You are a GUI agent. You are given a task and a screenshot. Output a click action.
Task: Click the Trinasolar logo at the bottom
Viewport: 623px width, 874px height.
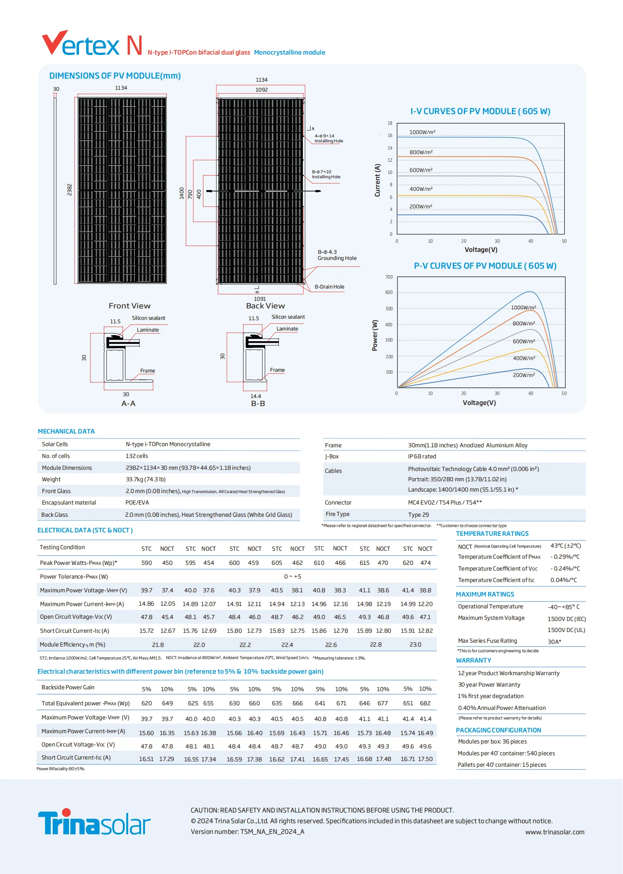coord(94,822)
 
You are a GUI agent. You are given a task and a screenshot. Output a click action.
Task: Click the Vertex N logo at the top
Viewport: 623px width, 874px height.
coord(92,44)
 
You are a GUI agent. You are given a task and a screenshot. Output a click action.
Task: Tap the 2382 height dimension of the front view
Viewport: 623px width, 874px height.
coord(69,190)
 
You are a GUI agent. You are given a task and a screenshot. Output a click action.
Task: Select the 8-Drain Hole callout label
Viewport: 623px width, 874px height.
coord(329,287)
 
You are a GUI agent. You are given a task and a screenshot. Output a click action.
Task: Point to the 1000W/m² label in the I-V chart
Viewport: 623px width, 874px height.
coord(422,132)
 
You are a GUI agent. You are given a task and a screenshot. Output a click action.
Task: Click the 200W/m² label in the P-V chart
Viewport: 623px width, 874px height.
coord(524,375)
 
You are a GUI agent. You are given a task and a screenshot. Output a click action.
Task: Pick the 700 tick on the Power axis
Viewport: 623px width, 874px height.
coord(389,277)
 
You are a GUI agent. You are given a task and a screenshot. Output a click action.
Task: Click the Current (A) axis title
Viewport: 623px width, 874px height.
coord(377,180)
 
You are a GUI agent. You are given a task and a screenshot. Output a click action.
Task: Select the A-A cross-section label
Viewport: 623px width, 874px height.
coord(128,403)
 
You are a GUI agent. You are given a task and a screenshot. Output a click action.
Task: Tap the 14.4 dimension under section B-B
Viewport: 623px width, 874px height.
coord(256,396)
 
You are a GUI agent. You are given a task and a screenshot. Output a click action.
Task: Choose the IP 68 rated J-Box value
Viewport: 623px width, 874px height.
coord(422,456)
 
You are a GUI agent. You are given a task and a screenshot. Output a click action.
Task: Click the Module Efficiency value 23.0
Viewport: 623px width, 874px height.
coord(415,645)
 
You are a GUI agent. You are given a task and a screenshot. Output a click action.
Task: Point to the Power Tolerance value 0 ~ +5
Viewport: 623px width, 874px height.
coord(292,576)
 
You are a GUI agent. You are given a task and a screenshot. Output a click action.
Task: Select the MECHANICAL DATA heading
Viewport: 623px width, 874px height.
coord(66,431)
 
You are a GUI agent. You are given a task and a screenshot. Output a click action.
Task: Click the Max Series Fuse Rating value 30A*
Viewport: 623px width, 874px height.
coord(554,642)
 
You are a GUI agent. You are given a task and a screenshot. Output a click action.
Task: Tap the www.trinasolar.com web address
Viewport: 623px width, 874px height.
coord(554,832)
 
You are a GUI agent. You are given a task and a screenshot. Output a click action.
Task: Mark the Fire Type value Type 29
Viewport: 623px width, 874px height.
coord(418,514)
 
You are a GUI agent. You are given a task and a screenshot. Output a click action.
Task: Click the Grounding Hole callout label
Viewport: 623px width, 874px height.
coord(337,258)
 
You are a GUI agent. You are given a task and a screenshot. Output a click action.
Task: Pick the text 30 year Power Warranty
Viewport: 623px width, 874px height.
coord(489,684)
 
